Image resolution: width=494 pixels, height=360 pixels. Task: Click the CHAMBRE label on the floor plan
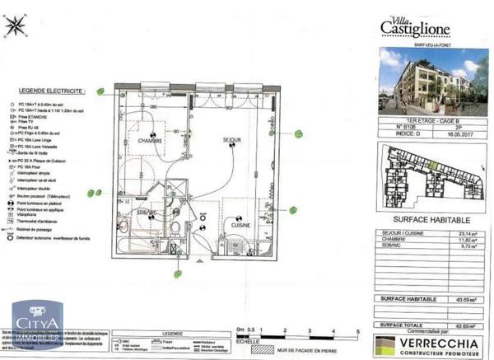151,140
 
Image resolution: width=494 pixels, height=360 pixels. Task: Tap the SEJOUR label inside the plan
232,140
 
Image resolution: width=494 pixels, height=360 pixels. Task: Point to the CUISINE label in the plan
240,224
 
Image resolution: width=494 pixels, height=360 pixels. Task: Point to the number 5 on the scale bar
358,328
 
